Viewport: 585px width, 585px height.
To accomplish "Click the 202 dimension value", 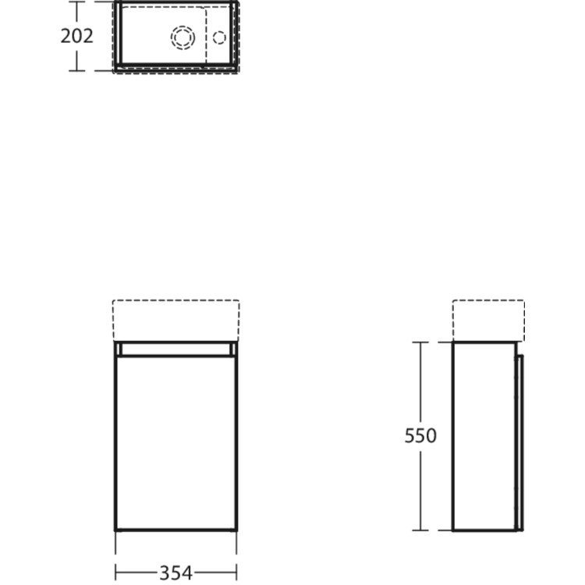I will (x=76, y=36).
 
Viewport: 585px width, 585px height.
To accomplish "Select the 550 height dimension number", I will (x=420, y=436).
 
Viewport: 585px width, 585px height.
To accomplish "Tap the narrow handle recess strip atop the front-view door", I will (x=176, y=350).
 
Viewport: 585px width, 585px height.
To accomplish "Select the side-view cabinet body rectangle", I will (x=484, y=436).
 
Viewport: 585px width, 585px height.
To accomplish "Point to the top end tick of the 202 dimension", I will (x=76, y=2).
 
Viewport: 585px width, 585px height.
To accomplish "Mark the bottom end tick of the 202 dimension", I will (x=76, y=70).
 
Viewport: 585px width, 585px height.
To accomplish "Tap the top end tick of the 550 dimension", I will (x=420, y=342).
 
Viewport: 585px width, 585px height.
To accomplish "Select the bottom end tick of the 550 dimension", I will (x=420, y=530).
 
